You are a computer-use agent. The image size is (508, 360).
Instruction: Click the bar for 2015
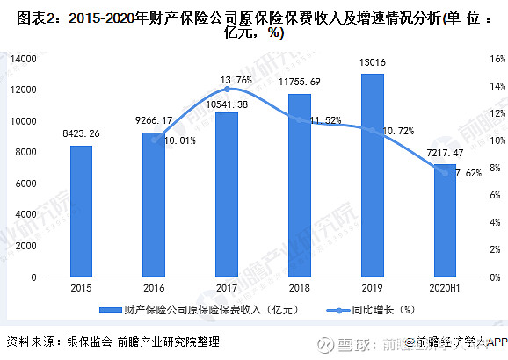(82, 211)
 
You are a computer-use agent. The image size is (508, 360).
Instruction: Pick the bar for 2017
(227, 194)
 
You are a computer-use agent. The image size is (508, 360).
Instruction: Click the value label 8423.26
(82, 133)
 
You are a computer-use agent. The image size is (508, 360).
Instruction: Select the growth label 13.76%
(227, 79)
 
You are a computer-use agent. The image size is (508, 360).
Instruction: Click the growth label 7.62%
(466, 172)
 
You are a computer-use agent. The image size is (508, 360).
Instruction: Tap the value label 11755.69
(299, 81)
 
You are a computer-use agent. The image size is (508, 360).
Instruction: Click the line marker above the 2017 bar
(227, 90)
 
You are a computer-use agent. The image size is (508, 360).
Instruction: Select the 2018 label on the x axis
(299, 288)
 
